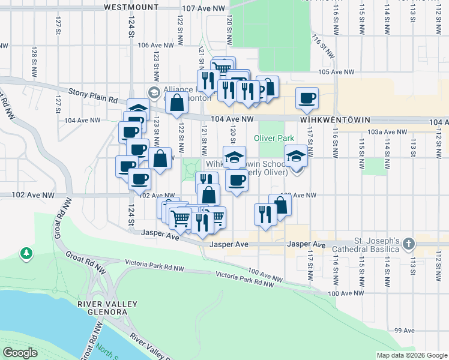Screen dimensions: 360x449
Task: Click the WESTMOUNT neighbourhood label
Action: coord(131,8)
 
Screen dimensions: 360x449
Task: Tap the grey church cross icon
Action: coord(409,244)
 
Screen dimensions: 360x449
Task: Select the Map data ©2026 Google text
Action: coord(411,355)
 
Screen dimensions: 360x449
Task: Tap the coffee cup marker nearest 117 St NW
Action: coord(307,98)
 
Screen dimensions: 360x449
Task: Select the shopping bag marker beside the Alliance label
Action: coord(177,103)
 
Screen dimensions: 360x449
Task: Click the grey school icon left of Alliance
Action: coord(154,92)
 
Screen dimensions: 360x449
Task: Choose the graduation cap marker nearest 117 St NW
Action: coord(296,157)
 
